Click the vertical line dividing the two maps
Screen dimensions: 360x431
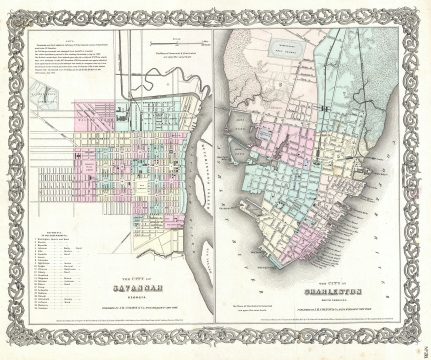pos(216,180)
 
